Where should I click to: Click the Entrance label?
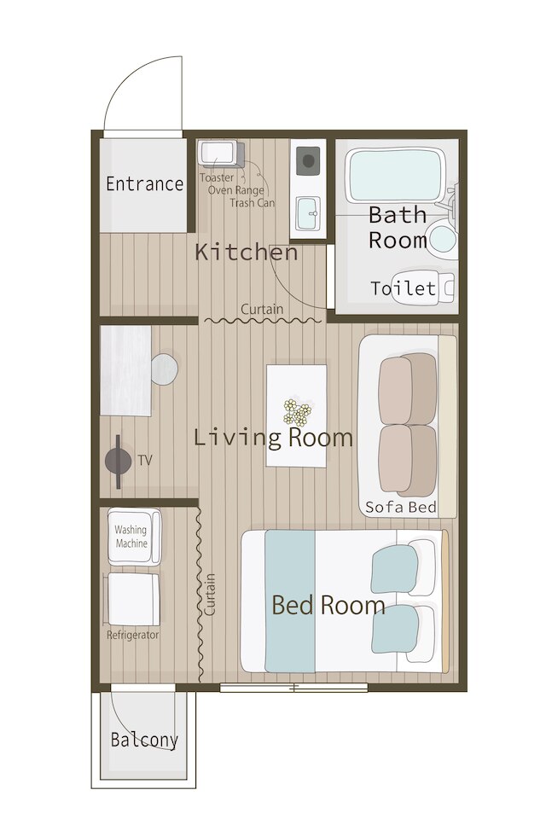coord(144,184)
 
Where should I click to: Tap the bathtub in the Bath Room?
coord(395,176)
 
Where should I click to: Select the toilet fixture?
coord(422,287)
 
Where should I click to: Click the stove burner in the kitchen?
coord(308,161)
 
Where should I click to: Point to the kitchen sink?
coord(308,213)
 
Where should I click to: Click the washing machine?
coord(134,537)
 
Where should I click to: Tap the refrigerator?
coord(133,599)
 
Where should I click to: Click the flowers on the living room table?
coord(297,412)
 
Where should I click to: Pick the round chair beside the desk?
coord(164,369)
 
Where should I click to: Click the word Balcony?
coord(144,740)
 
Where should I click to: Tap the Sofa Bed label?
coord(401,507)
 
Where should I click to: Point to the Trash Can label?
coord(252,203)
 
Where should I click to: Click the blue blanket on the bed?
coord(290,601)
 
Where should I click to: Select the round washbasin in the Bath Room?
coord(441,238)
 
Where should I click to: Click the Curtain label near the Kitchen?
coord(262,309)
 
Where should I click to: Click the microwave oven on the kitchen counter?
coord(220,154)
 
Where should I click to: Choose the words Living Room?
coord(273,437)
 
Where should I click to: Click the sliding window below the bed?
coord(293,688)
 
